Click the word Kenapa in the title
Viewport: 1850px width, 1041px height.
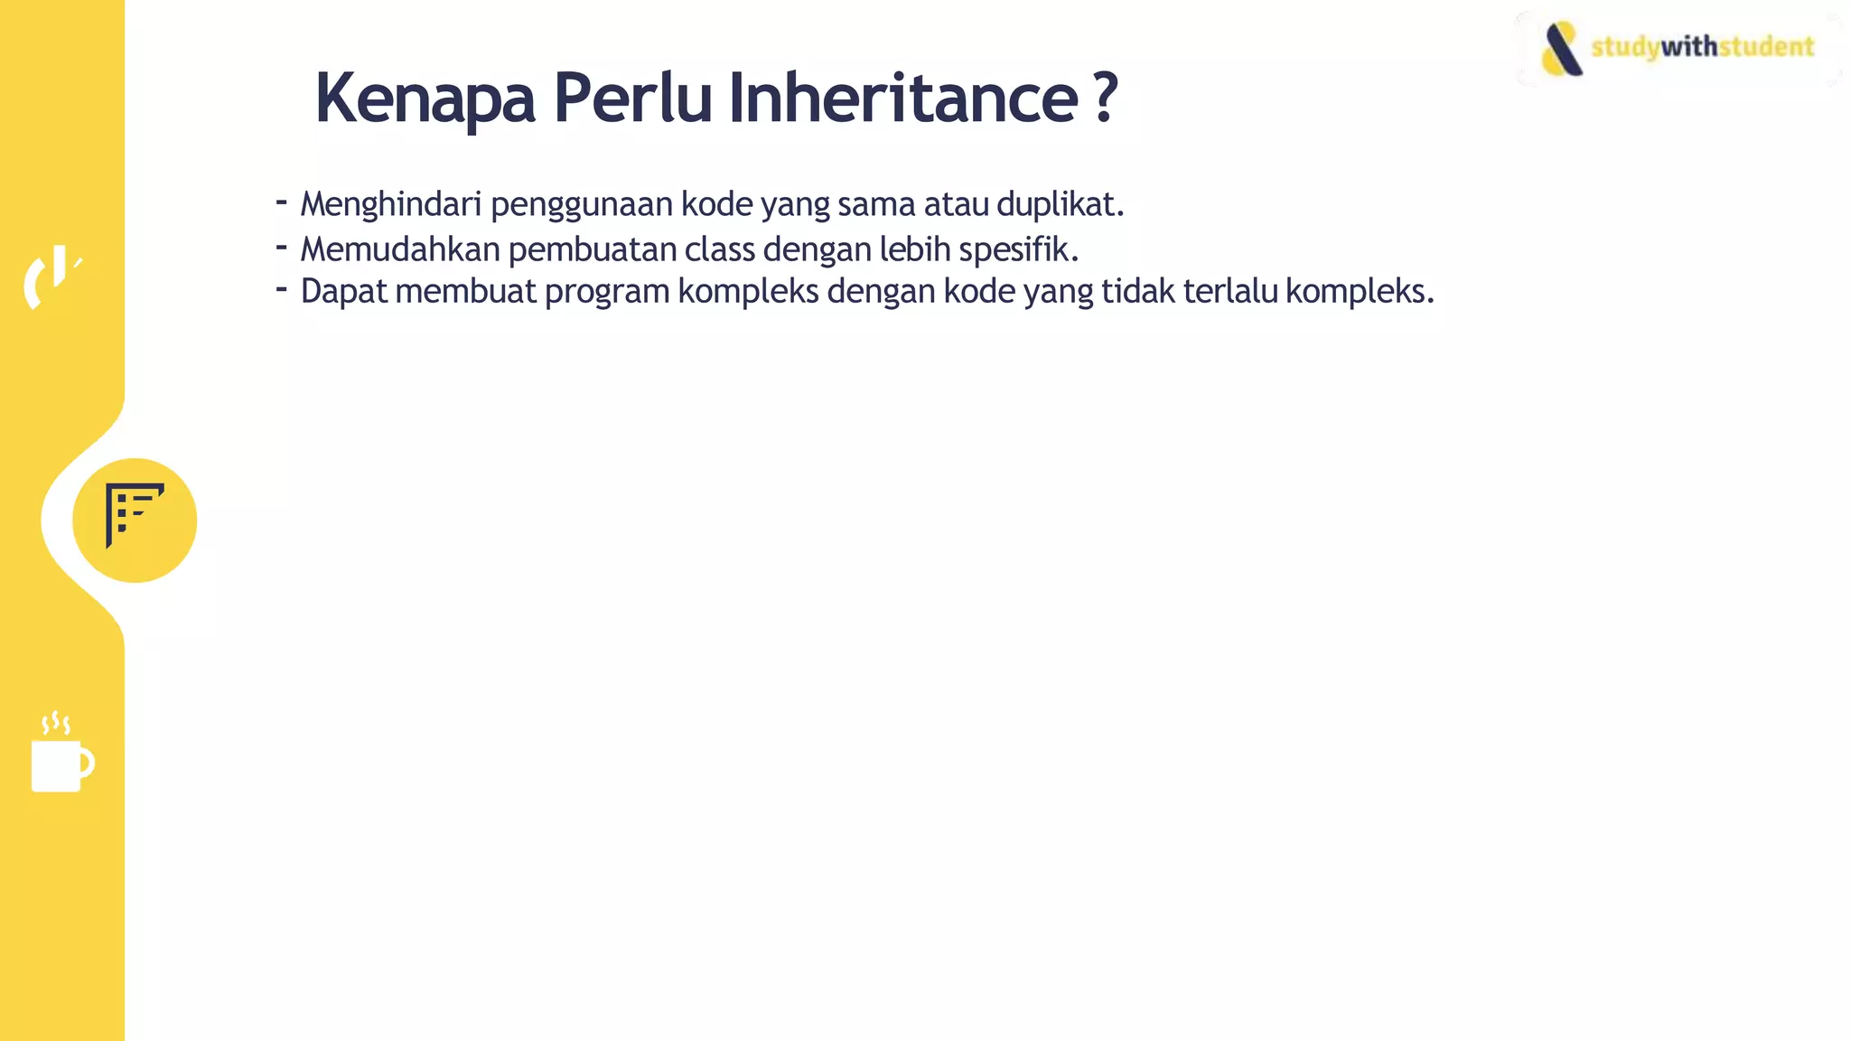tap(425, 98)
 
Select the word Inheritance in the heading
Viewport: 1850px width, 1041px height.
tap(902, 98)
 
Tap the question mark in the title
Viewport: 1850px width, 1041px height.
tap(1105, 98)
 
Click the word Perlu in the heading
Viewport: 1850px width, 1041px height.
tap(632, 98)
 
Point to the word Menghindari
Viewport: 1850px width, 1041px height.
tap(390, 204)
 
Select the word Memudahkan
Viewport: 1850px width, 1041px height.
tap(399, 249)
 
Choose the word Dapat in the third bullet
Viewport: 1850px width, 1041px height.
tap(343, 292)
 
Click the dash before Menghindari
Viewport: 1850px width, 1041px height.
tap(282, 202)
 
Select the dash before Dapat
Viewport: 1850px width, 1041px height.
tap(282, 289)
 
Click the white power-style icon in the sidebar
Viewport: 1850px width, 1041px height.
tap(51, 277)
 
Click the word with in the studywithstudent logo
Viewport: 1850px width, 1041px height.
tap(1688, 46)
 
